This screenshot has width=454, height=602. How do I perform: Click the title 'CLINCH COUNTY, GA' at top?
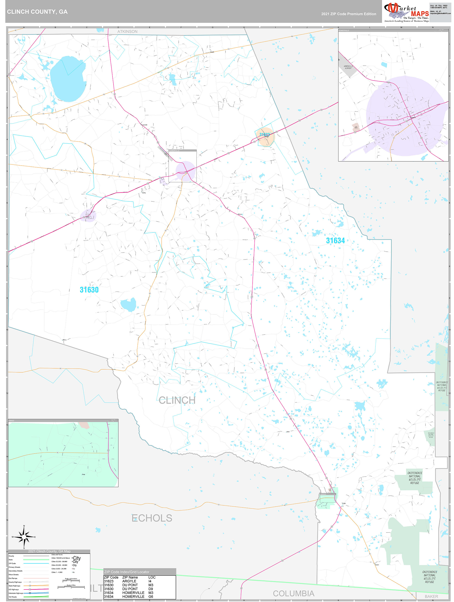(x=37, y=12)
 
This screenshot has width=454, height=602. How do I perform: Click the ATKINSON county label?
(x=127, y=31)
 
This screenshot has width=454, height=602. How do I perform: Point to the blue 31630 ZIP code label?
(x=89, y=290)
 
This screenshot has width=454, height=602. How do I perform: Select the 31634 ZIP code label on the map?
(x=335, y=241)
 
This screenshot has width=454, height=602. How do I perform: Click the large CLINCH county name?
(x=177, y=400)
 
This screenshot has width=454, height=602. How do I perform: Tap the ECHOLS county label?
(x=152, y=518)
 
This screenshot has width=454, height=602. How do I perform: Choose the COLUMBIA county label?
(x=293, y=593)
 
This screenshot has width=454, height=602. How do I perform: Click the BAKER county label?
(x=431, y=596)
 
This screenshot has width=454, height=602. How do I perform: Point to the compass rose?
(x=24, y=537)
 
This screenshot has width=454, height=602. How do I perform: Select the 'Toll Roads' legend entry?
(x=13, y=597)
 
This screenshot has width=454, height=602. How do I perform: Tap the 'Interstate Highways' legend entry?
(x=16, y=593)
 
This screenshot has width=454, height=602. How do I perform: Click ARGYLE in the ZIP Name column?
(x=129, y=581)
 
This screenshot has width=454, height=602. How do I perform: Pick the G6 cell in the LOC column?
(x=150, y=596)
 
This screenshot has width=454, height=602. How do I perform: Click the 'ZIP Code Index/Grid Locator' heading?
(x=127, y=572)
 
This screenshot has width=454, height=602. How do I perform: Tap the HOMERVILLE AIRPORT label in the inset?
(x=348, y=67)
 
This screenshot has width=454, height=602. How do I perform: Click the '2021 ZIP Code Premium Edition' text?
(x=348, y=14)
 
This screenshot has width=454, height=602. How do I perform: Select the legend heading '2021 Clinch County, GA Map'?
(x=49, y=551)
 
